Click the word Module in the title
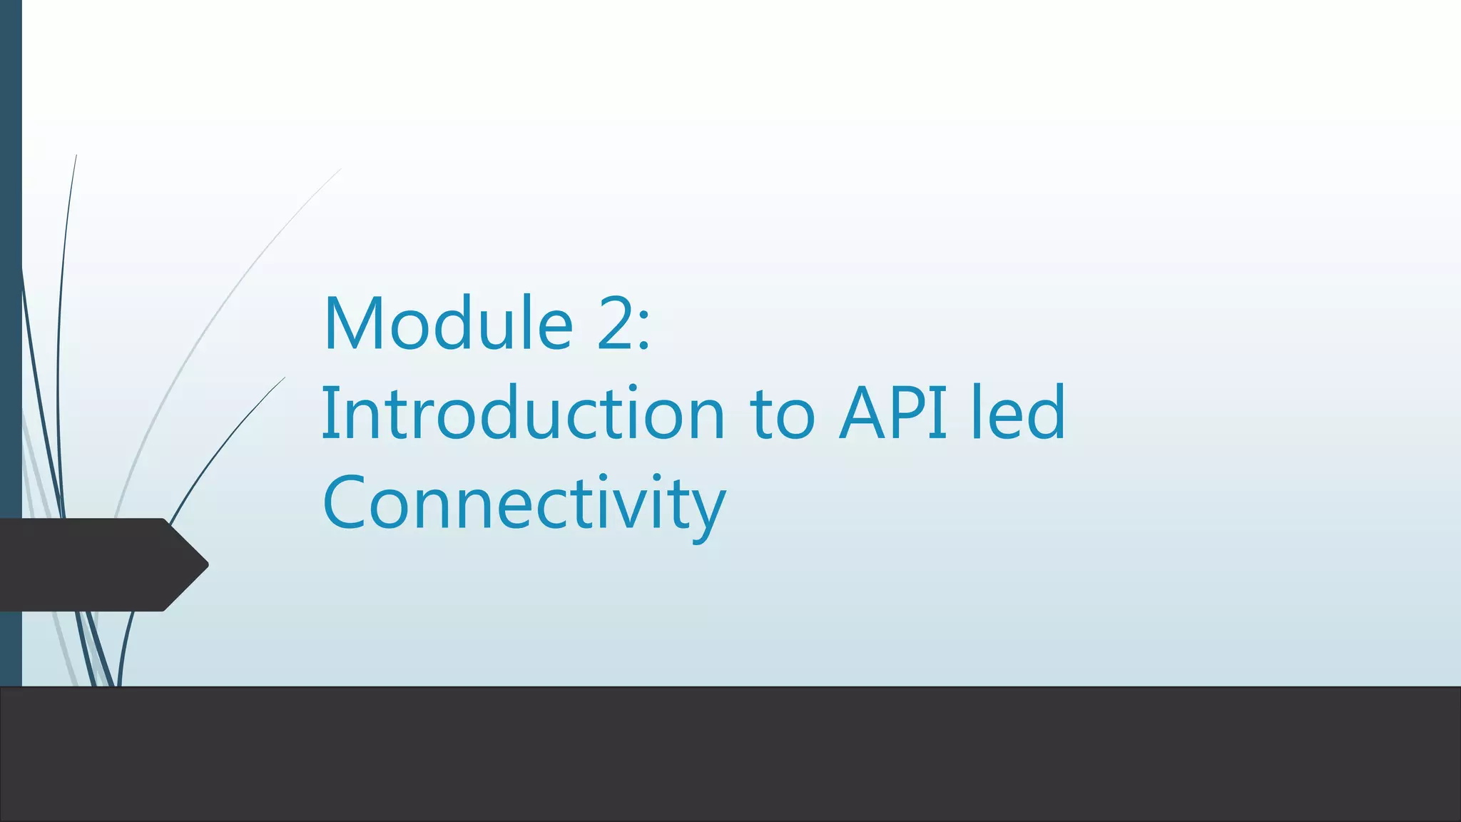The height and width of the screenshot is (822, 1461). click(x=448, y=325)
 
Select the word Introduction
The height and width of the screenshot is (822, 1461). click(x=523, y=414)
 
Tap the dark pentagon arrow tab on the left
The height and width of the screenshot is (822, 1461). click(x=93, y=564)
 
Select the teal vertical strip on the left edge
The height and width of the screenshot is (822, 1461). click(x=11, y=285)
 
